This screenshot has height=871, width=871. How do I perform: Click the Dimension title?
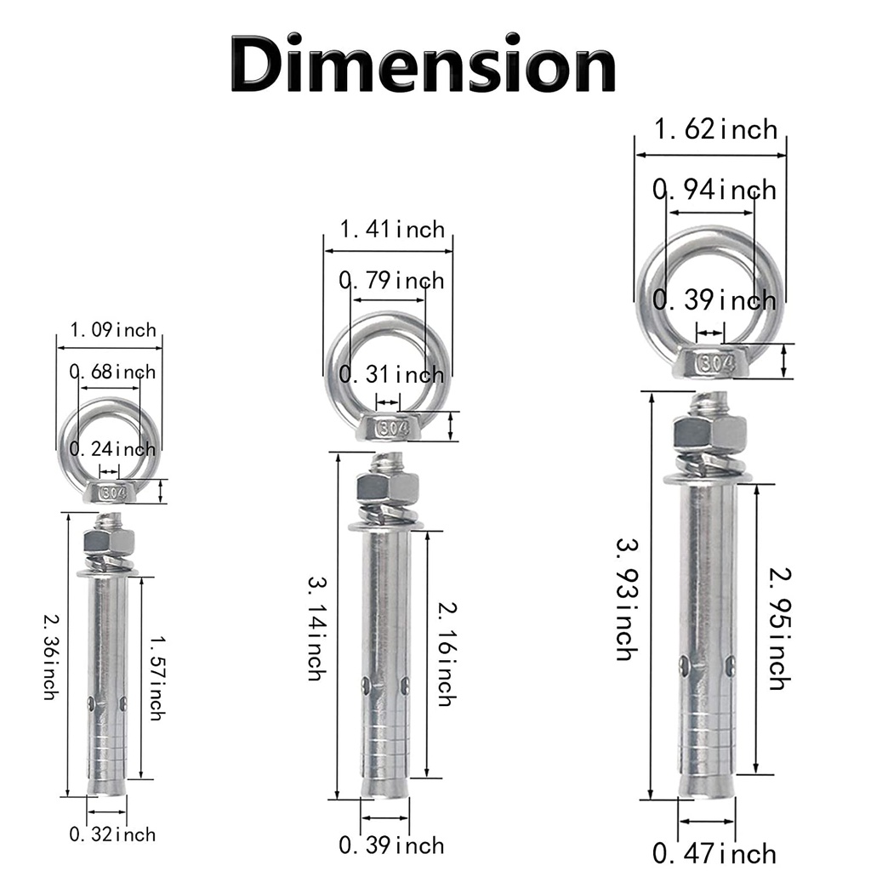[424, 63]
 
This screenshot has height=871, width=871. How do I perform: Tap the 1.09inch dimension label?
[113, 330]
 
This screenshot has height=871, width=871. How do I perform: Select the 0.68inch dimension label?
[113, 372]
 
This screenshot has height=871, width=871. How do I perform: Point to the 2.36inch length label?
[51, 657]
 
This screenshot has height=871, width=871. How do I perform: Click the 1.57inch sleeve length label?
[157, 678]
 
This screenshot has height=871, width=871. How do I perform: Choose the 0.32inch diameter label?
[113, 834]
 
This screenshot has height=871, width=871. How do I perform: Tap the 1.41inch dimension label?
[392, 230]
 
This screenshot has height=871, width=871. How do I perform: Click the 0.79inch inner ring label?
[392, 281]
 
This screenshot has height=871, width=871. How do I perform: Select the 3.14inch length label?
[316, 629]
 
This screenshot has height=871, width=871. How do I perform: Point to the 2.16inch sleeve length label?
[447, 654]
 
